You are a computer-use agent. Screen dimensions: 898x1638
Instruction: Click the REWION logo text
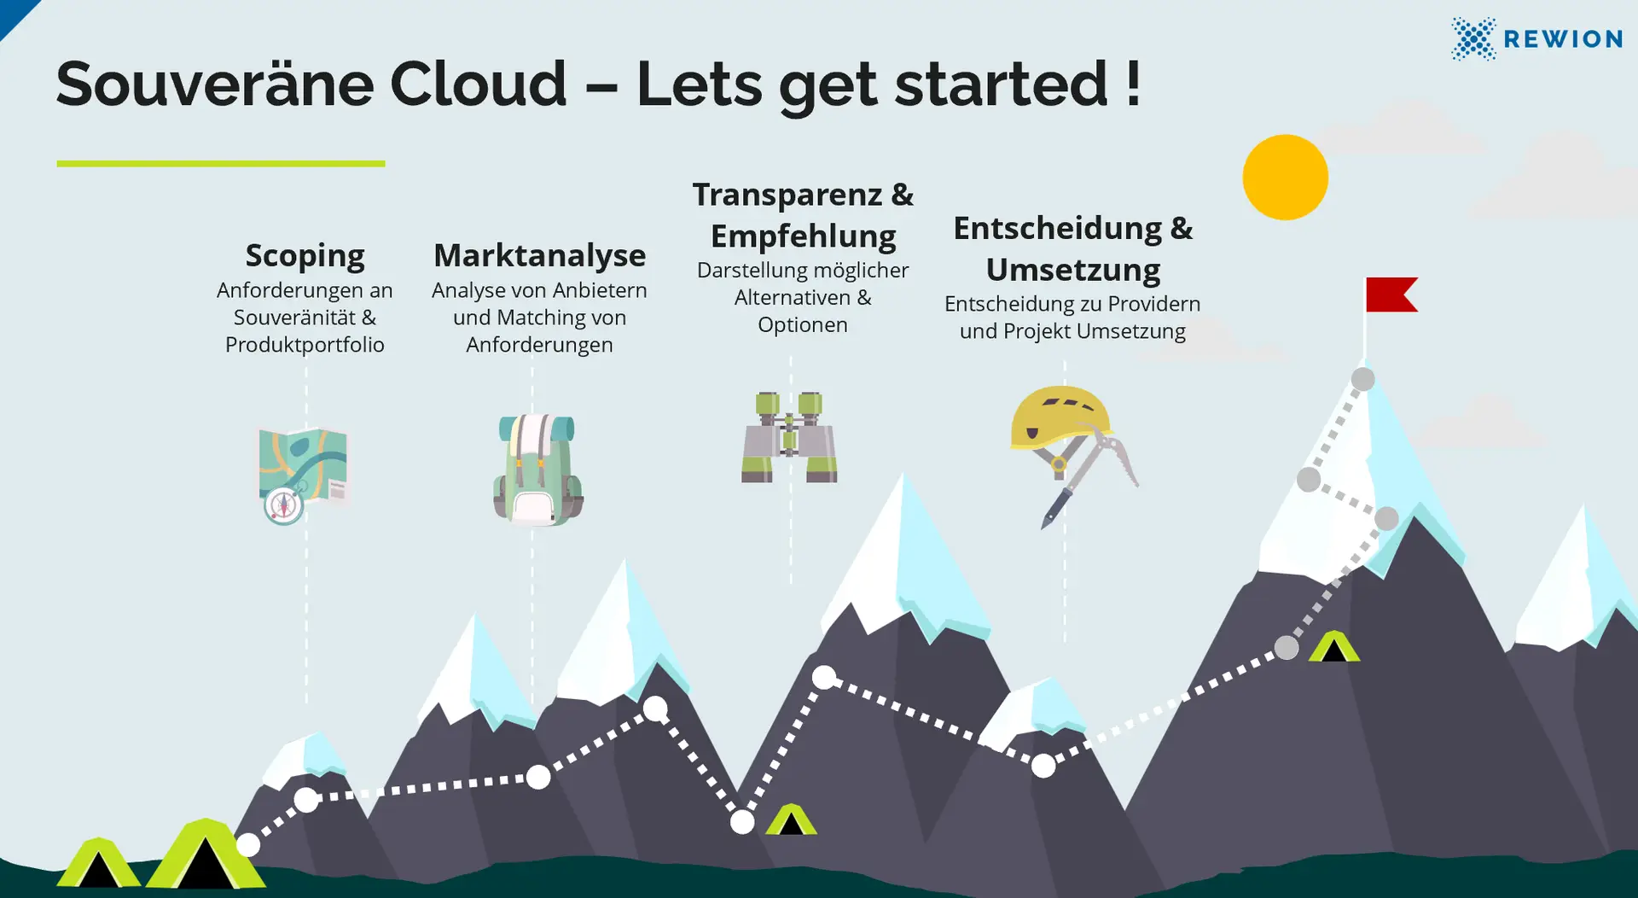pos(1562,39)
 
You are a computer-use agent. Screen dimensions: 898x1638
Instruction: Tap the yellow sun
pos(1285,178)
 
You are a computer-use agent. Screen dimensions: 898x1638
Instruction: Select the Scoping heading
pos(305,255)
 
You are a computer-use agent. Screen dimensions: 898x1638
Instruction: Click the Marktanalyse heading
pos(539,255)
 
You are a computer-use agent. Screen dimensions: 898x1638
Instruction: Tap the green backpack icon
pos(537,469)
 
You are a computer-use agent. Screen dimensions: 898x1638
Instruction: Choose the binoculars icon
pos(789,437)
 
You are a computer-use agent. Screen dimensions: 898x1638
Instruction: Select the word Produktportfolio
pos(305,345)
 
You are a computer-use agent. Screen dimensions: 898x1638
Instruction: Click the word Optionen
pos(802,325)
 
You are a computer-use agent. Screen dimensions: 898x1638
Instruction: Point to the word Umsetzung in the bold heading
pos(1072,270)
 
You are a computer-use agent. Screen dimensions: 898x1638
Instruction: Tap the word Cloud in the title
pos(478,84)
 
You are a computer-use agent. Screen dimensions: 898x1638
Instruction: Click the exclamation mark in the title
pos(1133,84)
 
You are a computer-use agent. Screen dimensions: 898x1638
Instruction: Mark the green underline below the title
pos(220,163)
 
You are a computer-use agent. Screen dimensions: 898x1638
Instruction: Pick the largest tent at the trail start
pos(205,856)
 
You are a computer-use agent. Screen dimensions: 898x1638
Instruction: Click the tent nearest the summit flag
pos(1333,647)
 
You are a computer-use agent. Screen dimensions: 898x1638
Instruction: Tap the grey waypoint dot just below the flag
pos(1362,379)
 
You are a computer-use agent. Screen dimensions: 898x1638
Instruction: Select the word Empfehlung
pos(803,236)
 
